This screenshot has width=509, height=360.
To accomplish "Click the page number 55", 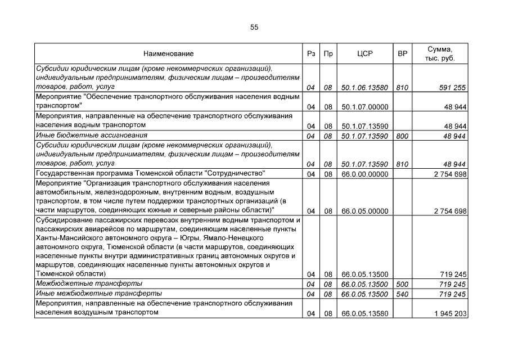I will [254, 27].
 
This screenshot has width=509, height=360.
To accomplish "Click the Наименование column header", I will [168, 53].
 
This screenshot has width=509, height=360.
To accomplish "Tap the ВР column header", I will [402, 53].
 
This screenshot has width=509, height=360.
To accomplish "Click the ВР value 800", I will [402, 136].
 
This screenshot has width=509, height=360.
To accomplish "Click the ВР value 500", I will [402, 284].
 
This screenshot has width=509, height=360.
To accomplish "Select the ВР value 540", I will [402, 294].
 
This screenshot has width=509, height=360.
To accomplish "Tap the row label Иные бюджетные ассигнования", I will [91, 136].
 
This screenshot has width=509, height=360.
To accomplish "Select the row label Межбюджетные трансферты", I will [88, 283].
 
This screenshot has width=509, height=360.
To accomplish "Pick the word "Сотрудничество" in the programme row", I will [235, 173].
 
